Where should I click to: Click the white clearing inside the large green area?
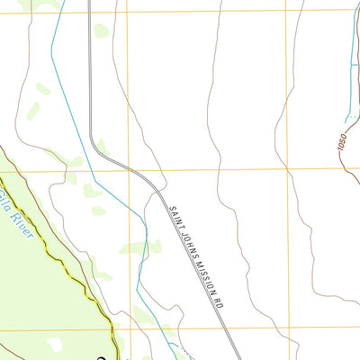coord(56,343)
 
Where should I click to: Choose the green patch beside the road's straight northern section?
coord(102,31)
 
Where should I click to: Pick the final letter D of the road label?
coord(220,307)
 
